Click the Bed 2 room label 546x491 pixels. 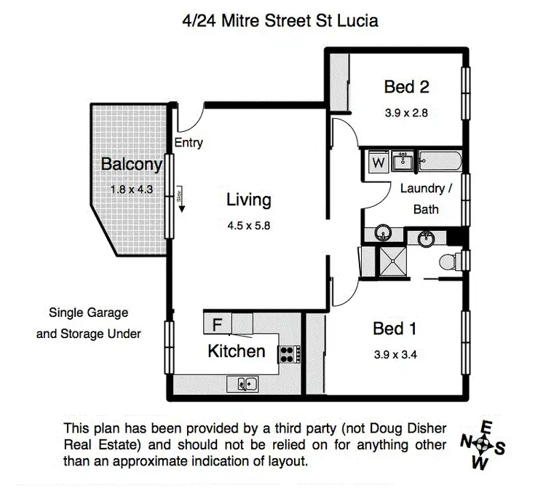406,87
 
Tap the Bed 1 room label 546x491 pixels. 395,329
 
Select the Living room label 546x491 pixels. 248,200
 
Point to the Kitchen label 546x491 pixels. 237,351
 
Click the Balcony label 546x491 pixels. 131,164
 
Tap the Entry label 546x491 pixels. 189,143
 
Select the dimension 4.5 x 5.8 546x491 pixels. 248,226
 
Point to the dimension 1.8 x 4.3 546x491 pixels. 132,189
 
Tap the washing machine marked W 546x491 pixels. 378,162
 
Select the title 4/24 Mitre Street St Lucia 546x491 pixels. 280,21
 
